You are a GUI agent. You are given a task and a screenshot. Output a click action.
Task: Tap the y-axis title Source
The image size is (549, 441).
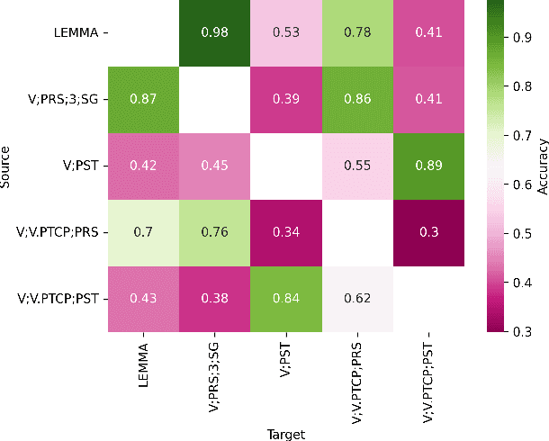point(7,166)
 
